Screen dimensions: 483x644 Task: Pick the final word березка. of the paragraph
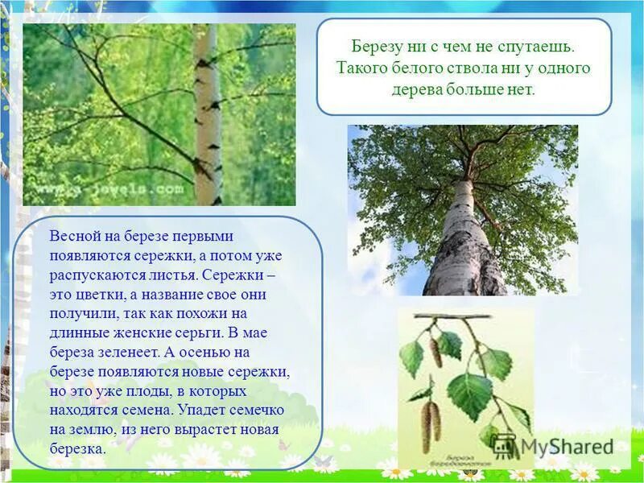[78, 449]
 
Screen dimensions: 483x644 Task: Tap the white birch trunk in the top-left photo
[208, 113]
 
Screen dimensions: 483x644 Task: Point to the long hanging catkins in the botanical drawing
[431, 419]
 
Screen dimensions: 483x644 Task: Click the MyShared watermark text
[563, 445]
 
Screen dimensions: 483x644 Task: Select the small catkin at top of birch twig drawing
[436, 352]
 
